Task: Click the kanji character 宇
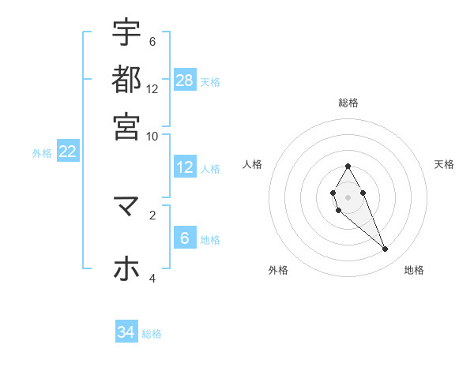click(x=126, y=32)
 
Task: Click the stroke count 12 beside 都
click(x=152, y=88)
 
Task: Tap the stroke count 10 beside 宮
click(x=152, y=136)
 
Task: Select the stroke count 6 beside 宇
click(x=152, y=41)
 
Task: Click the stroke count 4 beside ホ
click(x=152, y=278)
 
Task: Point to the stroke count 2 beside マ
click(x=152, y=214)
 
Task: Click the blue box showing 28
click(x=185, y=80)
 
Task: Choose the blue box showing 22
click(x=67, y=152)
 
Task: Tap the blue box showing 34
click(x=126, y=332)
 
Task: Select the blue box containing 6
click(x=185, y=238)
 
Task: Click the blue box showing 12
click(x=185, y=167)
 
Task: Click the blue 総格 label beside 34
click(x=152, y=334)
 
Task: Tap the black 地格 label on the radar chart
click(x=414, y=271)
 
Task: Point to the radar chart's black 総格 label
click(x=348, y=103)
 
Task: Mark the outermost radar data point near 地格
click(x=386, y=249)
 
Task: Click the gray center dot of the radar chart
click(x=348, y=196)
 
